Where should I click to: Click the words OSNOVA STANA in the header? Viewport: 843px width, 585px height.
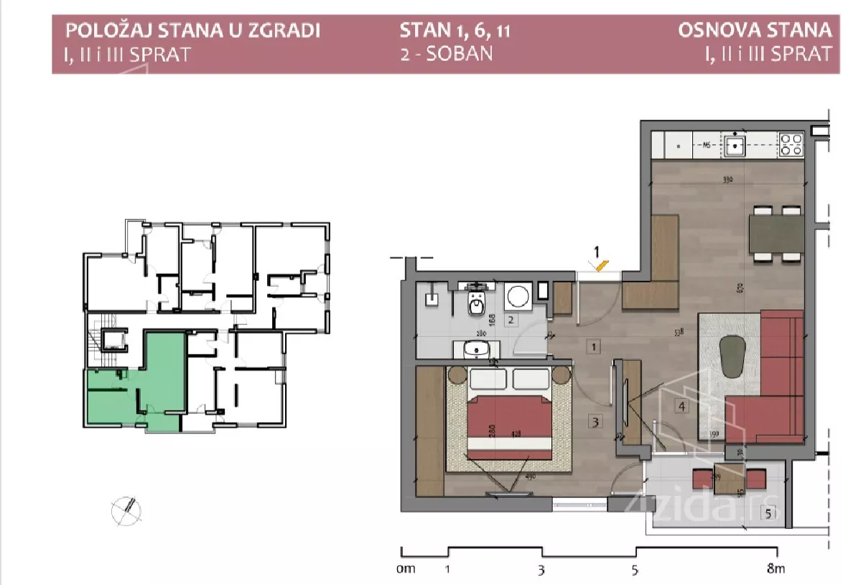pos(754,31)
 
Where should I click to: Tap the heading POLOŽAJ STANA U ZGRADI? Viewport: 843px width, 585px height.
pos(192,31)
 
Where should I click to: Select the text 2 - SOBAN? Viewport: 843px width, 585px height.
pos(446,54)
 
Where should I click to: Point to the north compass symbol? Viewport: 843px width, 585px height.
pos(126,510)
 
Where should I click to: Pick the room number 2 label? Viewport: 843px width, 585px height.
pos(511,321)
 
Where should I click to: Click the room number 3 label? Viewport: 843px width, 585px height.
pos(595,421)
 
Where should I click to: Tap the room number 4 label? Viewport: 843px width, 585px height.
pos(681,407)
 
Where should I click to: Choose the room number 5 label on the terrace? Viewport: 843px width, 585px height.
pos(768,513)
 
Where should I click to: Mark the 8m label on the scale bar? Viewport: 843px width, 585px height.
pos(776,570)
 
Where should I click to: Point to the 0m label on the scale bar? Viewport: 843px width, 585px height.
pos(406,570)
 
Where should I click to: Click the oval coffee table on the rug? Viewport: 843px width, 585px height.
pos(734,356)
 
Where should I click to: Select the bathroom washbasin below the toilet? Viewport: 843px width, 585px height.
pos(476,349)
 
